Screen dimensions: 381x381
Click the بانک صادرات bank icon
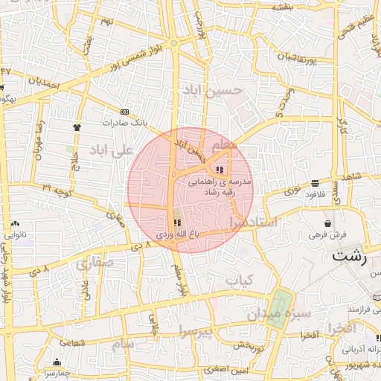(x=124, y=112)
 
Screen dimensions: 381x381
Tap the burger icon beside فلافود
(x=316, y=183)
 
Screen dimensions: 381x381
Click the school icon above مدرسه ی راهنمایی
(x=219, y=170)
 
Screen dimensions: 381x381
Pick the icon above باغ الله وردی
(x=177, y=223)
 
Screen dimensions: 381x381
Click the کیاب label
(x=240, y=281)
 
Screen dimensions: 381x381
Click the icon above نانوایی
(x=16, y=223)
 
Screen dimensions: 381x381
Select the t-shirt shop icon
(x=77, y=127)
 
